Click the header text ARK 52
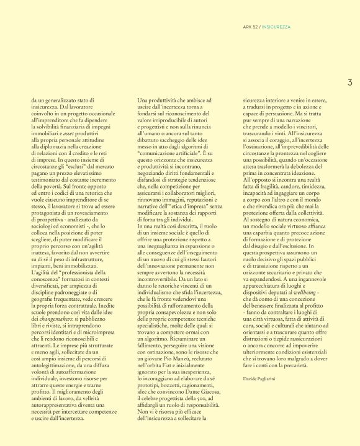[250, 26]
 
